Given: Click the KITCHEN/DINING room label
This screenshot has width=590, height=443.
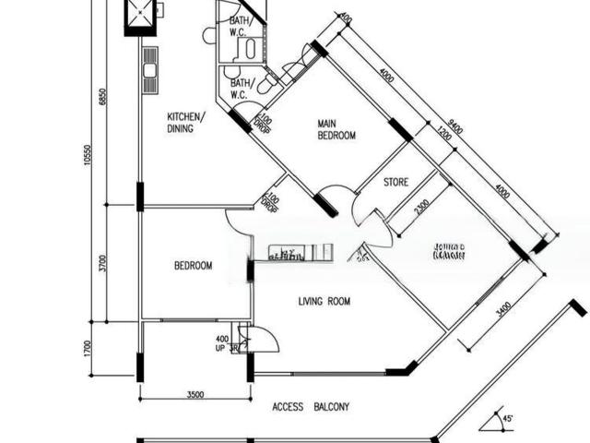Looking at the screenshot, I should pyautogui.click(x=185, y=123).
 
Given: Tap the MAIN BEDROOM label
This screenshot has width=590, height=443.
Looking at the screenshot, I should pyautogui.click(x=336, y=129).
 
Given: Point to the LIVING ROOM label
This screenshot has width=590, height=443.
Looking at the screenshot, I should pyautogui.click(x=324, y=301).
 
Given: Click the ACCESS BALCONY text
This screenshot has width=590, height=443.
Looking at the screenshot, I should pyautogui.click(x=311, y=406).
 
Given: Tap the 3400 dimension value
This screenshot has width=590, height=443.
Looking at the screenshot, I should pyautogui.click(x=503, y=305).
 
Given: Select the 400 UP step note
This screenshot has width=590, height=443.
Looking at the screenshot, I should pyautogui.click(x=221, y=343).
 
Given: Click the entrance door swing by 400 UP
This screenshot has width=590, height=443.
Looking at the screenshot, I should pyautogui.click(x=263, y=339).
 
